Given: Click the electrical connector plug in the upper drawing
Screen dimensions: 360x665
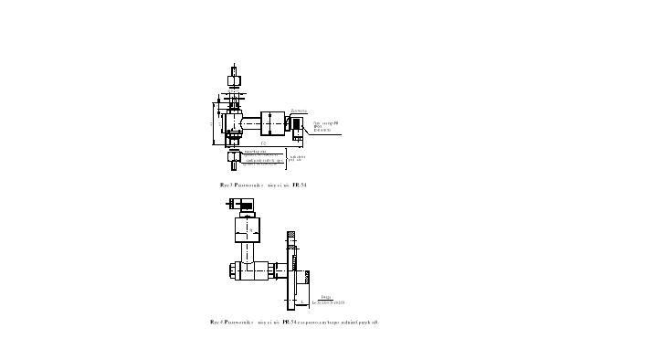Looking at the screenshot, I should (x=298, y=128).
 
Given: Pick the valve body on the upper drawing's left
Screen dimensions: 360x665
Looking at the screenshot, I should (x=233, y=119).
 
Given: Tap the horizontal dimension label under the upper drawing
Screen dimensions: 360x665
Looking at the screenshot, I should (x=264, y=143).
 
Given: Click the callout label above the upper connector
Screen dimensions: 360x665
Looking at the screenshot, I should (x=299, y=110).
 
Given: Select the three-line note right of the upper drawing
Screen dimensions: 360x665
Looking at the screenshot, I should (x=326, y=126).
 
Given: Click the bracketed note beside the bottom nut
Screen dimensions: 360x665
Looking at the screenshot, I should (x=295, y=158).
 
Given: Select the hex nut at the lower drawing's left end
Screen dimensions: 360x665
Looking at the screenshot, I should (x=233, y=270).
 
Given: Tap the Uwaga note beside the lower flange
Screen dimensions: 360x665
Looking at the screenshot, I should (x=329, y=300).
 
